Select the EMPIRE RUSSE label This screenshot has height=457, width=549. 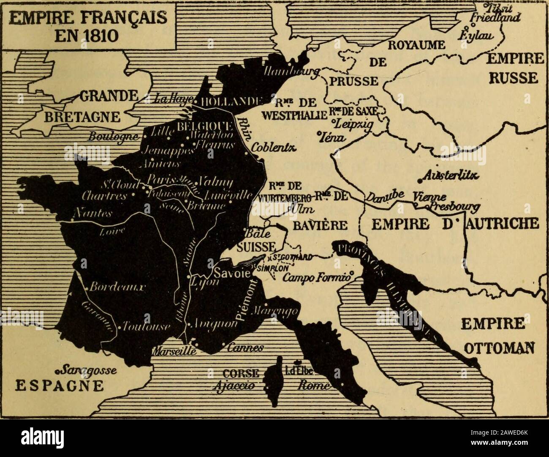[513, 69]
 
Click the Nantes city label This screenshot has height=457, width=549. [92, 214]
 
